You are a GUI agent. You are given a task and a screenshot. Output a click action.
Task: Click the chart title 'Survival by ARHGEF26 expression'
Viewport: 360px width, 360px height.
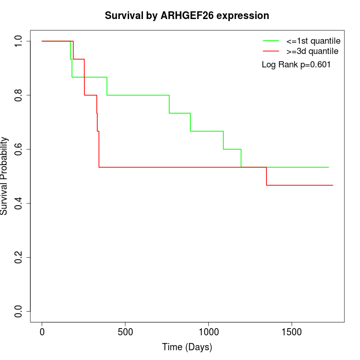[x=187, y=16]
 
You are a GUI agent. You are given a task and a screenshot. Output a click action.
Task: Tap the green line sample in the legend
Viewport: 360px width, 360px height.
[x=271, y=41]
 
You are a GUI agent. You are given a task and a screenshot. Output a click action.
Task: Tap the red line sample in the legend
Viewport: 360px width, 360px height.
[x=271, y=51]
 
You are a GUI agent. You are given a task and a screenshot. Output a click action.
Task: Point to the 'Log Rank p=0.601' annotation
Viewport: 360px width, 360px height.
[x=296, y=65]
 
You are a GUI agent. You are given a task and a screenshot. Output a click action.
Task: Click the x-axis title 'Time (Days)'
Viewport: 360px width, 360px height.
[x=187, y=347]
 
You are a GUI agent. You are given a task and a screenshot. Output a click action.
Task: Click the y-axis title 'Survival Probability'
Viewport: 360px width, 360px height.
[x=5, y=176]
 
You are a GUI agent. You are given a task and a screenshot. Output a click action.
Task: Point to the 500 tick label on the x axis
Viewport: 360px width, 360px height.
[x=125, y=332]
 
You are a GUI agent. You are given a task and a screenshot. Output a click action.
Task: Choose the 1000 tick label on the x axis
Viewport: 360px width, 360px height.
[x=209, y=332]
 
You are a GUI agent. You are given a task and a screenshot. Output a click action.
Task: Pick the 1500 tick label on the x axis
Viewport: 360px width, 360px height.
[x=292, y=332]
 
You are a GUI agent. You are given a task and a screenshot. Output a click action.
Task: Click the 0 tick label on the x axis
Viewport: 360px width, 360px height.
[x=42, y=332]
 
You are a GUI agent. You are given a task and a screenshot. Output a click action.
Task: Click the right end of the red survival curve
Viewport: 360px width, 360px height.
[x=332, y=185]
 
